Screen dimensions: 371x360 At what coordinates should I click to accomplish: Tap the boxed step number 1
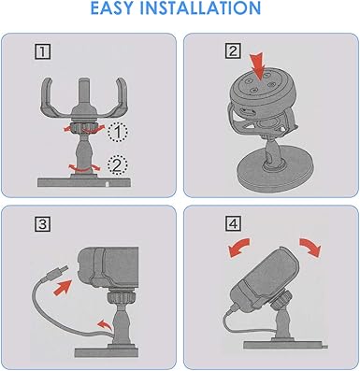click(x=39, y=50)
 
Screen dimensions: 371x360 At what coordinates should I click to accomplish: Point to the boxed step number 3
click(x=39, y=224)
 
